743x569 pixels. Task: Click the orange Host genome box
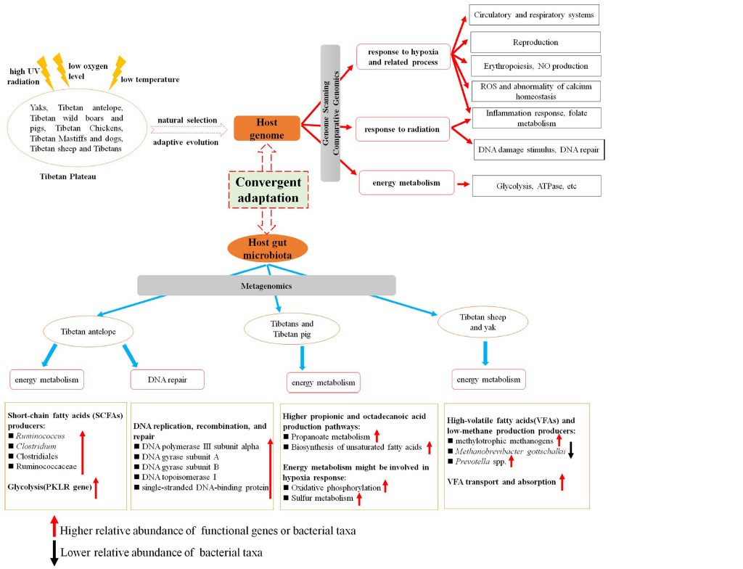(x=267, y=128)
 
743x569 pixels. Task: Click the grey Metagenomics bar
(x=266, y=285)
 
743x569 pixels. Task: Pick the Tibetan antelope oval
(x=89, y=332)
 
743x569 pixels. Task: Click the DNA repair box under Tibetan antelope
(x=168, y=379)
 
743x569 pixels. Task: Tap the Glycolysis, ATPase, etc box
(x=536, y=185)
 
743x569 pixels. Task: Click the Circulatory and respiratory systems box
(x=533, y=15)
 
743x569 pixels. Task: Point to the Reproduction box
(x=535, y=42)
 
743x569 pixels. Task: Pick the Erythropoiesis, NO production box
(x=535, y=66)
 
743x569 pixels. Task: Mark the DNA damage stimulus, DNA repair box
(x=538, y=151)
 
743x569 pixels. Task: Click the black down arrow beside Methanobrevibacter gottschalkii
(x=570, y=451)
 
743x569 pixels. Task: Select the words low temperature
(x=150, y=79)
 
